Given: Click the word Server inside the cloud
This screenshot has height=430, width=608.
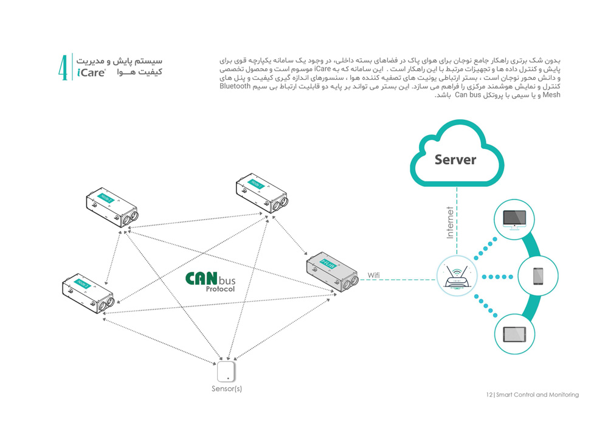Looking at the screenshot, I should pyautogui.click(x=455, y=160).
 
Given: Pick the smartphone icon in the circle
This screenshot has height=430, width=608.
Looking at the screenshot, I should pyautogui.click(x=537, y=276).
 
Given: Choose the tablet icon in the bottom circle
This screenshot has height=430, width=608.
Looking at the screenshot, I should pyautogui.click(x=514, y=334).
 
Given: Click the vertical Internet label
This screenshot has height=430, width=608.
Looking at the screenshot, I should pyautogui.click(x=451, y=223).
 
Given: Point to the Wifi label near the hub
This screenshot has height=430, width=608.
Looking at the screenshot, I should pyautogui.click(x=374, y=276).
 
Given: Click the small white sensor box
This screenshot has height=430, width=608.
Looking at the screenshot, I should pyautogui.click(x=226, y=372).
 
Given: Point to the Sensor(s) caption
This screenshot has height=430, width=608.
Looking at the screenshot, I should pyautogui.click(x=227, y=389).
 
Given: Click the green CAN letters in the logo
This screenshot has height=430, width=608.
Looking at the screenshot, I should pyautogui.click(x=201, y=278).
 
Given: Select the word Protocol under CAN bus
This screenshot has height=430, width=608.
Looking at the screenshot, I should pyautogui.click(x=219, y=290).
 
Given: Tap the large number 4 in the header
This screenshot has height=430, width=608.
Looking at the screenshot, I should pyautogui.click(x=63, y=67).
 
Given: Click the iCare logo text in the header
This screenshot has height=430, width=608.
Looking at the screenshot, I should pyautogui.click(x=91, y=74).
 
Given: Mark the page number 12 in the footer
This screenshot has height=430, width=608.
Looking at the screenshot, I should pyautogui.click(x=489, y=395).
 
